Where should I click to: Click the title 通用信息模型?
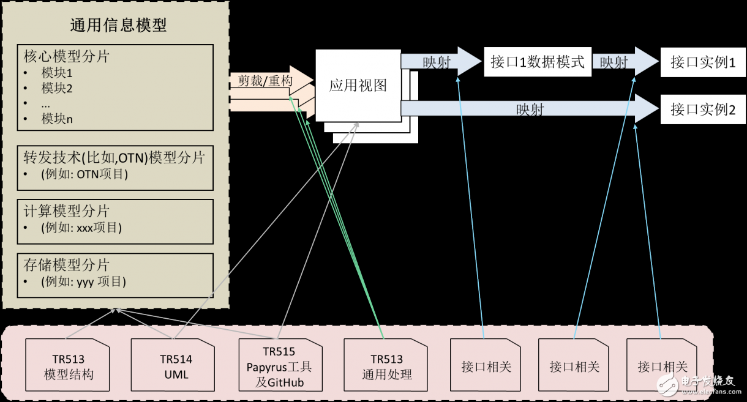click(118, 25)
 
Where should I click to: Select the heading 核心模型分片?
click(67, 56)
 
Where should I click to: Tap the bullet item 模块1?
click(58, 73)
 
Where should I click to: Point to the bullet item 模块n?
click(58, 119)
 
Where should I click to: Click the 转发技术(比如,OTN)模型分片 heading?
click(114, 157)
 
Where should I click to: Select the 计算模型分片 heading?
click(67, 212)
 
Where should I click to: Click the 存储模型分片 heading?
click(67, 265)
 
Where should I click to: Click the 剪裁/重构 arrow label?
click(265, 81)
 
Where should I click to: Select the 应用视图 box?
click(358, 85)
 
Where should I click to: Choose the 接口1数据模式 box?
click(538, 62)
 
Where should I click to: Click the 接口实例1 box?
click(703, 62)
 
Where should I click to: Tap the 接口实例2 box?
click(703, 110)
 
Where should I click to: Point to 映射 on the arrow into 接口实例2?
click(530, 110)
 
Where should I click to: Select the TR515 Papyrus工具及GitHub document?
click(279, 367)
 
